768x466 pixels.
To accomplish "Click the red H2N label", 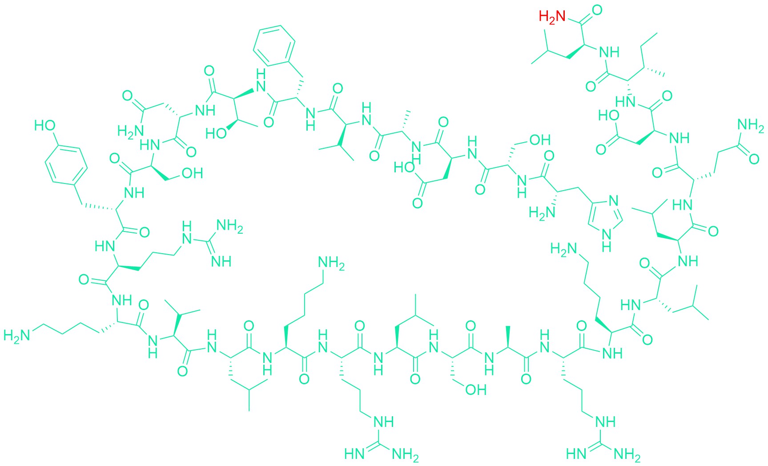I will (552, 17).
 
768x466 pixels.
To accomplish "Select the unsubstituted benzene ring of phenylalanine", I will (274, 44).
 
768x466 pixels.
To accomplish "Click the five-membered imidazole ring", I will (605, 217).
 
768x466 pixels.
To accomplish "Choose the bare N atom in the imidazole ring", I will (614, 201).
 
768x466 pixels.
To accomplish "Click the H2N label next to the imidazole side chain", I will (542, 213).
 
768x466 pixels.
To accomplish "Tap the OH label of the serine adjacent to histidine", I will (540, 140).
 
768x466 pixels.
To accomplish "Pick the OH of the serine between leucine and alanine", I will (475, 390).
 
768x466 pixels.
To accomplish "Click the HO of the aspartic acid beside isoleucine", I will (609, 116).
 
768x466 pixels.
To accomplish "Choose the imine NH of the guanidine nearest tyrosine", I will (221, 261).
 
